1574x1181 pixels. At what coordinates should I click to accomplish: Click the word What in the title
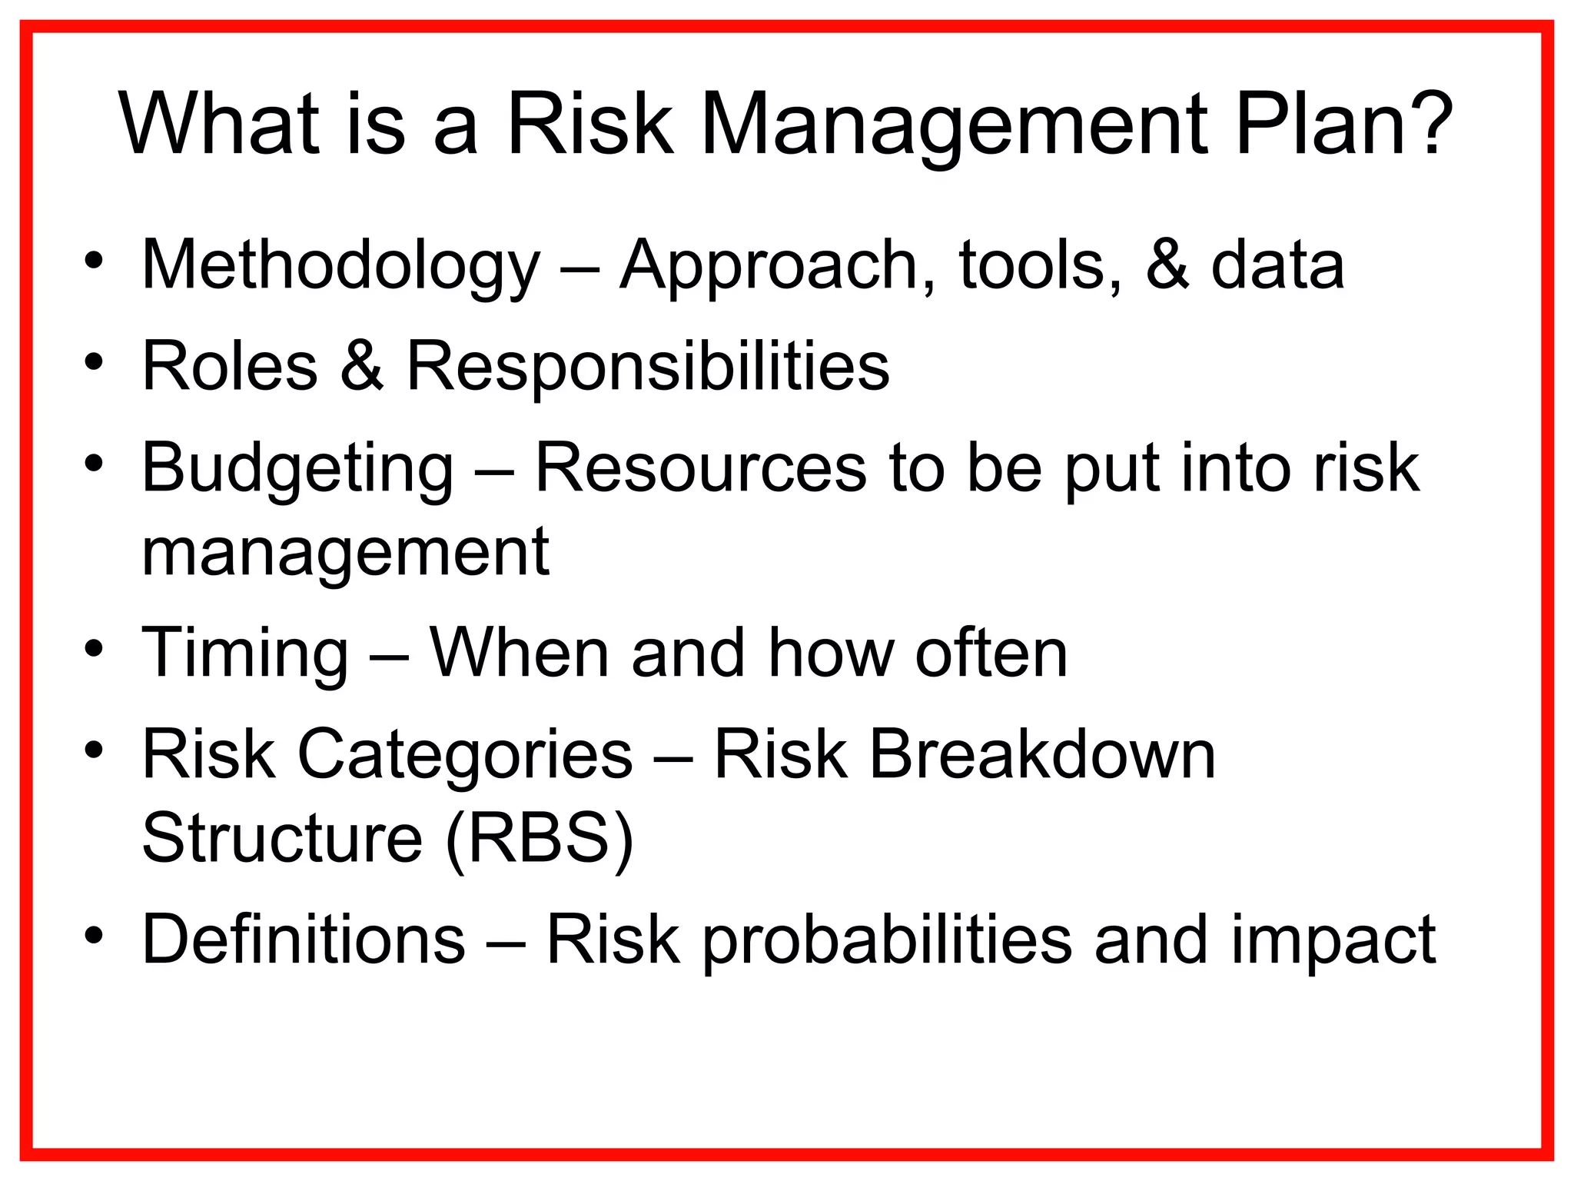click(219, 125)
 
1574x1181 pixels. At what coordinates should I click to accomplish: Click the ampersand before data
click(1167, 265)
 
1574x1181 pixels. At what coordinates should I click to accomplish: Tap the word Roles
click(230, 367)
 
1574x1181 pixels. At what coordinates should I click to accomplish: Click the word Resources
click(700, 468)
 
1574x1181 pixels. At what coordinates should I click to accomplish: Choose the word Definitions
click(304, 939)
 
